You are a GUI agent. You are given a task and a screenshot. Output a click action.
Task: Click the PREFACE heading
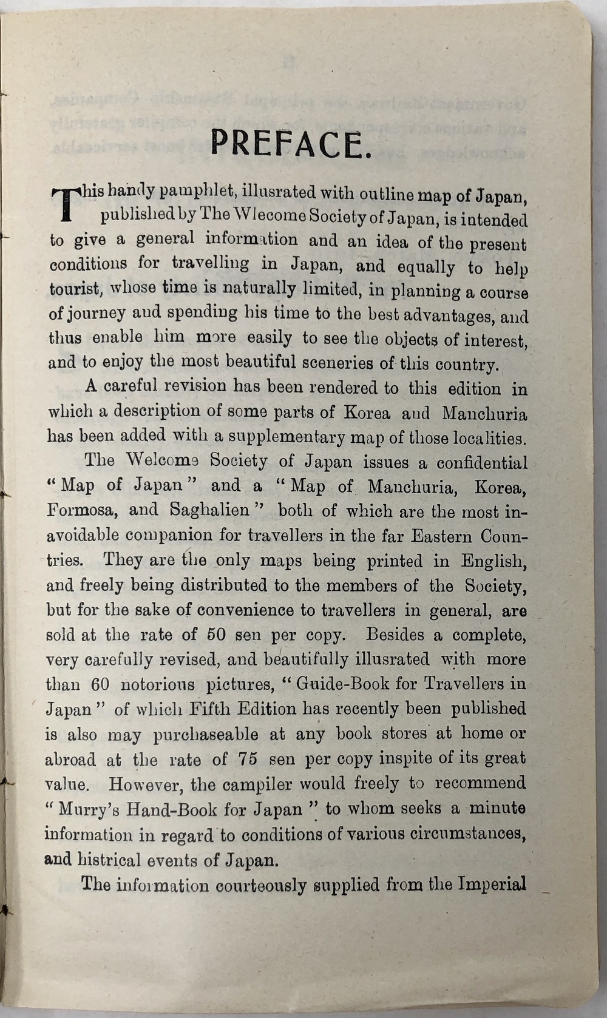tap(290, 144)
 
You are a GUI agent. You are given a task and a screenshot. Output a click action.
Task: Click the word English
tap(493, 560)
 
